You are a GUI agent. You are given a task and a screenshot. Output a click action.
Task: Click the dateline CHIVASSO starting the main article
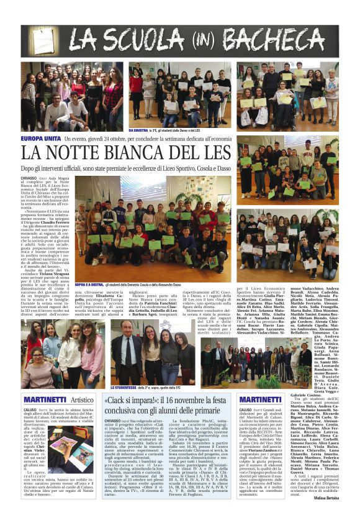coord(32,178)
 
